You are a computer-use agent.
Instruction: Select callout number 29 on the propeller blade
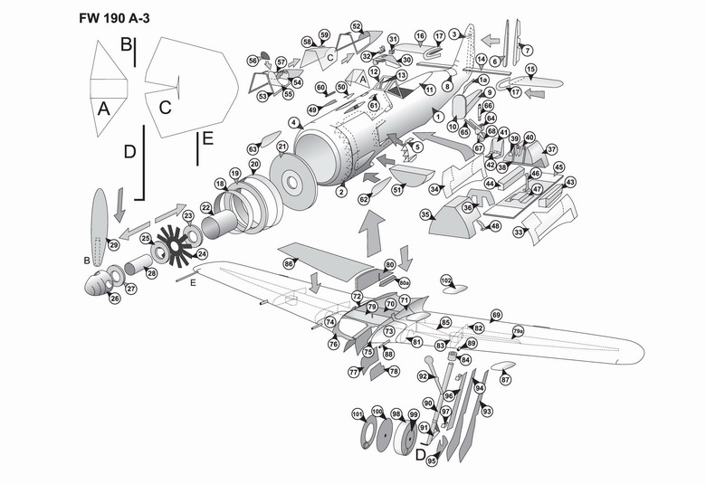114,245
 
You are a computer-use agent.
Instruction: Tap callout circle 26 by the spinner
115,299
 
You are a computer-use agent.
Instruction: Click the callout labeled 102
445,280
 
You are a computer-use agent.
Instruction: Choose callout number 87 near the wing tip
506,380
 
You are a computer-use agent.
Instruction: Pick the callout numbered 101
357,415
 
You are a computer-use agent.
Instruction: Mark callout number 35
425,214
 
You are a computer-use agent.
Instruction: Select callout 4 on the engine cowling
294,122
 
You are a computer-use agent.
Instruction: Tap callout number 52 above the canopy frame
357,27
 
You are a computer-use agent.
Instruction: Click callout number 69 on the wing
496,315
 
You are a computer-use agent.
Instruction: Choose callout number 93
488,412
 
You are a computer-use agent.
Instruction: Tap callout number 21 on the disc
282,147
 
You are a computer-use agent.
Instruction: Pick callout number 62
363,199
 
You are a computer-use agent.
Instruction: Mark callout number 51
396,189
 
